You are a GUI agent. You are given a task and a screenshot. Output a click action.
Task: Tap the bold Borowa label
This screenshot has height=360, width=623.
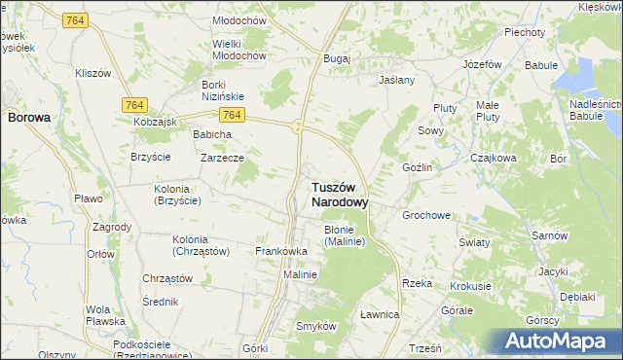click(x=28, y=117)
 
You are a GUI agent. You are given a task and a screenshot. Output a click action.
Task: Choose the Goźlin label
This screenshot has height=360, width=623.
click(x=417, y=167)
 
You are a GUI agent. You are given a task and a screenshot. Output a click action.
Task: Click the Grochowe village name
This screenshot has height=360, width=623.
click(x=426, y=215)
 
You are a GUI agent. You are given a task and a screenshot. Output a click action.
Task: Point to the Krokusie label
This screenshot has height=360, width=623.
click(x=470, y=287)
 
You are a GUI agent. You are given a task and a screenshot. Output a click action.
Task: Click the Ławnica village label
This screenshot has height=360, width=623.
click(x=380, y=314)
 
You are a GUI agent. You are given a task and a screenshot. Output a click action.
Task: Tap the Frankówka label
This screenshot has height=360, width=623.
click(x=281, y=251)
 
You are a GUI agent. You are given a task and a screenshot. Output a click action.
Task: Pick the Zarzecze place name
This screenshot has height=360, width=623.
click(x=222, y=157)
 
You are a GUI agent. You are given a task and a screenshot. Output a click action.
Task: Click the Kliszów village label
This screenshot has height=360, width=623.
click(x=94, y=73)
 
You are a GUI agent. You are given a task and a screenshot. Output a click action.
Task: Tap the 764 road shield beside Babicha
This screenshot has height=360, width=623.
click(x=239, y=115)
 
